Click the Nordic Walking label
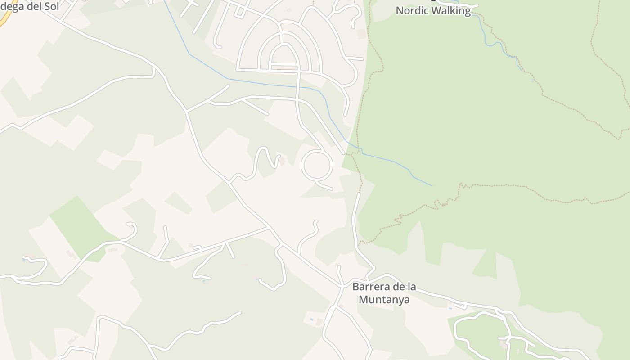(x=433, y=11)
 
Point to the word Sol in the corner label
(x=50, y=7)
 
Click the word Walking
(x=450, y=11)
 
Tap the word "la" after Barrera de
(x=411, y=287)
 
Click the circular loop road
(x=317, y=166)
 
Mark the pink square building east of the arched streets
(x=361, y=34)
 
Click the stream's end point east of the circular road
(x=432, y=186)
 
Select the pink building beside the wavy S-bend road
(x=282, y=161)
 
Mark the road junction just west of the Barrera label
(x=341, y=286)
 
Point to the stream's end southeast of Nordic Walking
(x=522, y=70)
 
